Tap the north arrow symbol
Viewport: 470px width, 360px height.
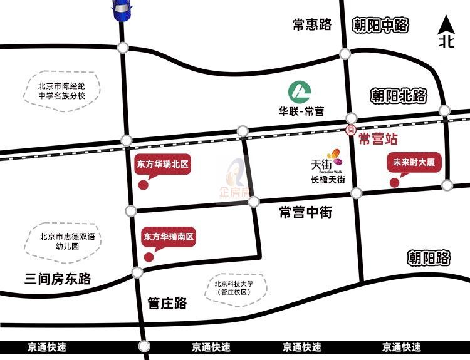pyautogui.click(x=446, y=33)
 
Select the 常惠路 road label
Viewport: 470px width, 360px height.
pyautogui.click(x=311, y=25)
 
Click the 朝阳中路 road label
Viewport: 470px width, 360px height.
pyautogui.click(x=380, y=25)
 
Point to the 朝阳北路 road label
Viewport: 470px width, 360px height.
pyautogui.click(x=399, y=96)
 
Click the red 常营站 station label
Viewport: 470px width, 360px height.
pyautogui.click(x=378, y=139)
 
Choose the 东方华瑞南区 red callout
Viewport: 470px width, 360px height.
pyautogui.click(x=169, y=237)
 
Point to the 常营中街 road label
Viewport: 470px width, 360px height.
pyautogui.click(x=306, y=213)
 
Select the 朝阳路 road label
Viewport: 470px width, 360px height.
pyautogui.click(x=429, y=257)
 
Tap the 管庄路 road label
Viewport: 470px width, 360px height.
pyautogui.click(x=167, y=304)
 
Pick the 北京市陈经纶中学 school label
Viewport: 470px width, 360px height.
pyautogui.click(x=61, y=91)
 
